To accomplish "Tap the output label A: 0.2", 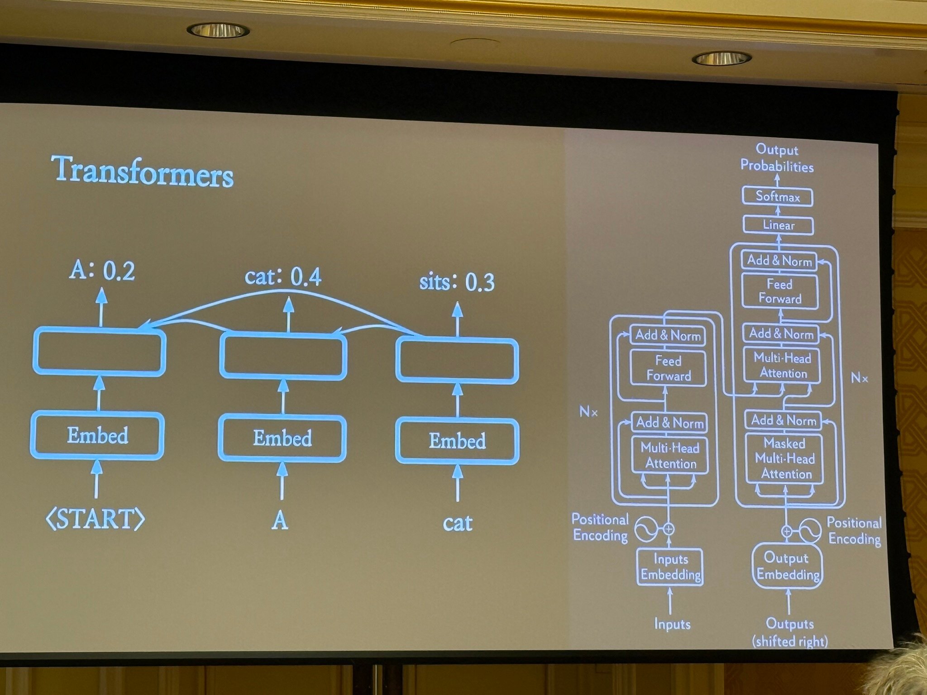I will click(x=102, y=271).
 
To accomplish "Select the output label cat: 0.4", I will click(x=283, y=276).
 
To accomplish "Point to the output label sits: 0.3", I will click(x=457, y=282).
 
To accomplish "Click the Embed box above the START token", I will click(x=97, y=435).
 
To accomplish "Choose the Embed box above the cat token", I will click(x=457, y=441).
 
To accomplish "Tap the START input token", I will click(x=96, y=519).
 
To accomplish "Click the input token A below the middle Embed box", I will click(x=280, y=521).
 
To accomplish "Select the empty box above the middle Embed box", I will click(x=283, y=357).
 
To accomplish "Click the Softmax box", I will click(x=778, y=197).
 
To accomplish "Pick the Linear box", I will click(x=779, y=225).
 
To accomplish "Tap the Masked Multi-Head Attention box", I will click(x=785, y=458).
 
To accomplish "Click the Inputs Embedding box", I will click(x=670, y=567).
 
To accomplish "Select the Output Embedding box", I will click(x=788, y=566).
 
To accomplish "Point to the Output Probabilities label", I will click(x=777, y=158).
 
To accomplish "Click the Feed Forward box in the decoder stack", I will click(x=780, y=291).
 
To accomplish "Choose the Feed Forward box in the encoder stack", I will click(x=669, y=368).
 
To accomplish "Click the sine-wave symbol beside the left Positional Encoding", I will click(x=645, y=529).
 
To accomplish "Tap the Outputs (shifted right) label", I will click(x=790, y=632).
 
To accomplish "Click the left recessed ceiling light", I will click(x=218, y=30).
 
